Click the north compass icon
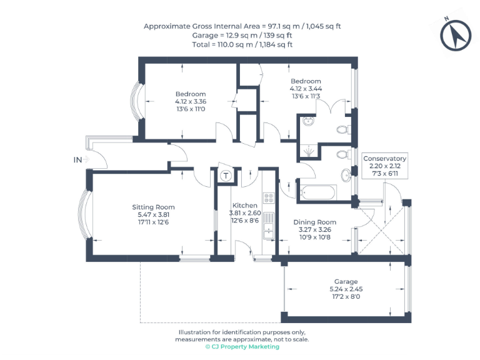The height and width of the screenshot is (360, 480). [x=456, y=35]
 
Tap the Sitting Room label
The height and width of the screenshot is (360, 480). [x=153, y=207]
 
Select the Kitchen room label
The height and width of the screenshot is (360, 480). [x=244, y=206]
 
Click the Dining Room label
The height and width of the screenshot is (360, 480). [x=315, y=222]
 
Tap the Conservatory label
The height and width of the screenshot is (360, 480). [x=385, y=159]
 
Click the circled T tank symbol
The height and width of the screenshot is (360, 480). [x=226, y=176]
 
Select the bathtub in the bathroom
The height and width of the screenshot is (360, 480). [x=318, y=191]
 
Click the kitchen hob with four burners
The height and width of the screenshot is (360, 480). [x=269, y=198]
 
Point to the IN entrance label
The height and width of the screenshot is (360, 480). [x=78, y=160]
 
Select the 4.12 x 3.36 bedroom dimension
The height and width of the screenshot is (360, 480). [x=191, y=102]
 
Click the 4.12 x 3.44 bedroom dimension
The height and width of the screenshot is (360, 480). [x=306, y=89]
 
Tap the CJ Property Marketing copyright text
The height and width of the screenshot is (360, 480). [x=242, y=347]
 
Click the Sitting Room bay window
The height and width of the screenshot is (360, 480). [x=85, y=214]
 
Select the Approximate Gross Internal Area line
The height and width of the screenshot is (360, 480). [x=242, y=26]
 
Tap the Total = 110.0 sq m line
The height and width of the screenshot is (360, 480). [x=242, y=44]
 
